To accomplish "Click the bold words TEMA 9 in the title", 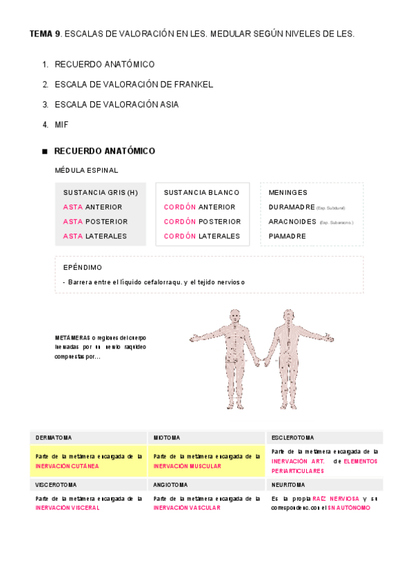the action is pos(45,33).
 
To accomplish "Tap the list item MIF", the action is pos(61,124).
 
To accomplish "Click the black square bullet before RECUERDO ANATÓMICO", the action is pos(44,152).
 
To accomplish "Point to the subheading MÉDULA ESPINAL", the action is pos(86,170).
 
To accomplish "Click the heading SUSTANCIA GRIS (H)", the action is pos(101,193).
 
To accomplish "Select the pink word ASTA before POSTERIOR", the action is pos(72,222).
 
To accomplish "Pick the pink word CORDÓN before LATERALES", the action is pos(179,236).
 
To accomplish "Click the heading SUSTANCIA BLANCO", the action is pos(201,193).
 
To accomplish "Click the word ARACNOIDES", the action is pos(292,222).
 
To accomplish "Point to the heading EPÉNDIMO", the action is pos(83,267).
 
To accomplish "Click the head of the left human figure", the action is pos(235,316).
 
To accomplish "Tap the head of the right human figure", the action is pos(288,316).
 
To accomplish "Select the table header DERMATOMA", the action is pos(54,437).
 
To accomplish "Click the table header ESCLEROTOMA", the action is pos(293,437).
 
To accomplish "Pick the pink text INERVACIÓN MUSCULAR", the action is pos(187,466).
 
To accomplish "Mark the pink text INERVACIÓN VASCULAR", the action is pos(187,508).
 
